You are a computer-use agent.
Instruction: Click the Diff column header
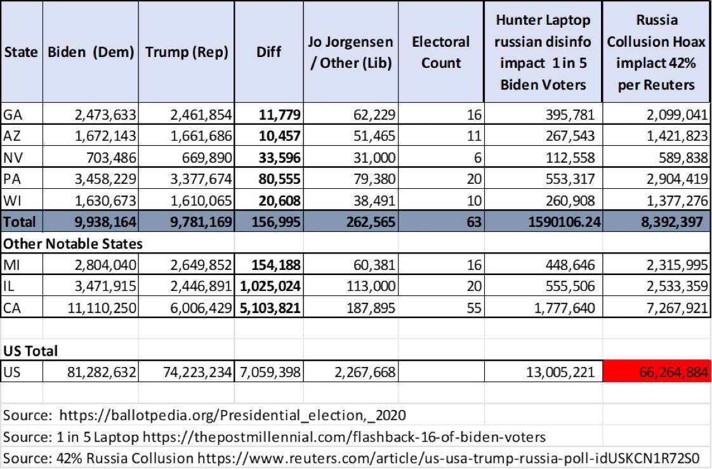[x=268, y=53]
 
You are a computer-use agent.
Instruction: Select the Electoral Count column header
[x=440, y=53]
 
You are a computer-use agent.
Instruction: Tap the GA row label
[x=13, y=115]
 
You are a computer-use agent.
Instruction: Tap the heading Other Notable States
[x=73, y=243]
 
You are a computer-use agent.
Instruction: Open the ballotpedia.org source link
[x=232, y=415]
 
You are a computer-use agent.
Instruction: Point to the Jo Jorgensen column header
[x=350, y=53]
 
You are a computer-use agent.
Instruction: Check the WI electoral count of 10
[x=474, y=201]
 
